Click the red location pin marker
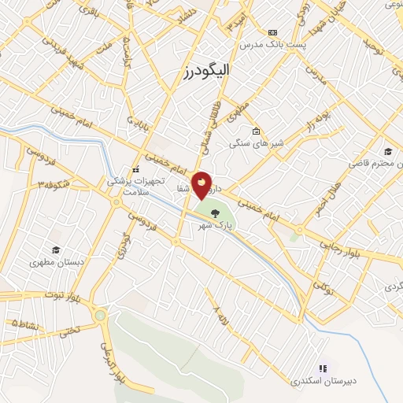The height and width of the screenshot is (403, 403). pyautogui.click(x=202, y=184)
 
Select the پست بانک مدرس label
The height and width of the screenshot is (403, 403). pyautogui.click(x=272, y=45)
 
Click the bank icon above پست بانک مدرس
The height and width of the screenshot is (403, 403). pyautogui.click(x=272, y=32)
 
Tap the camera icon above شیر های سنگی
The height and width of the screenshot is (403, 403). pyautogui.click(x=254, y=131)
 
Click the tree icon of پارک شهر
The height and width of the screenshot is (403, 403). pyautogui.click(x=215, y=209)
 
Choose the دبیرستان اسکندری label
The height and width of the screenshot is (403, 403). pyautogui.click(x=324, y=381)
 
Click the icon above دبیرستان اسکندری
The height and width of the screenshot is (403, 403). pyautogui.click(x=323, y=367)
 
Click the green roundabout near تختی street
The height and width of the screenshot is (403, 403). pyautogui.click(x=100, y=316)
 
